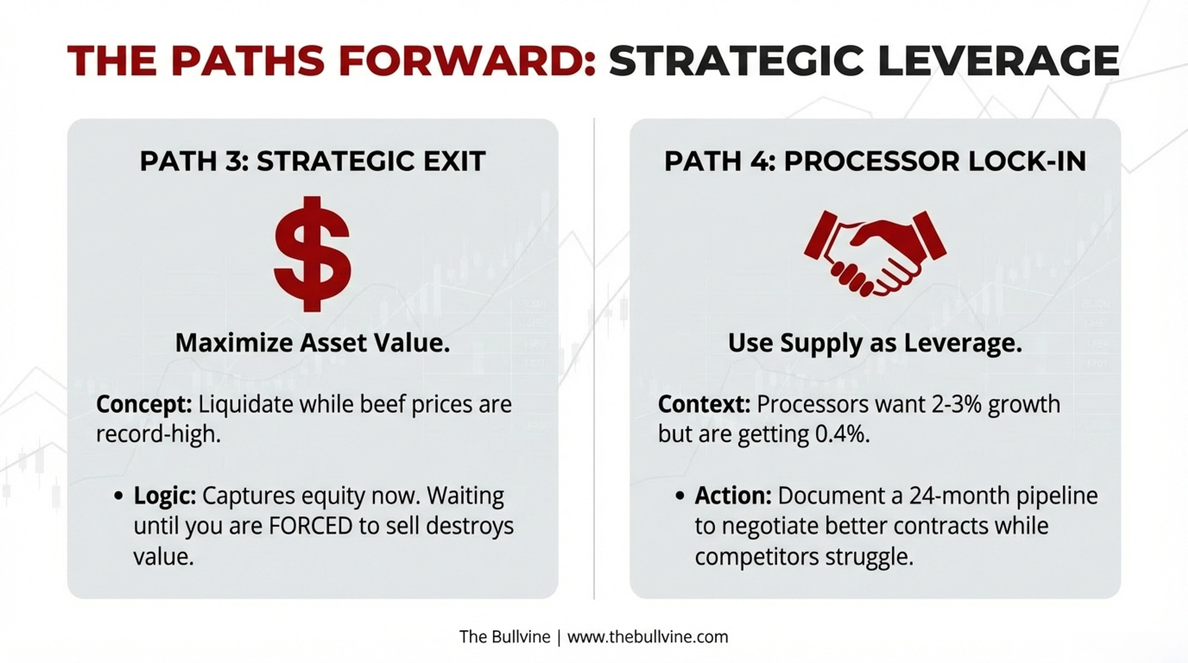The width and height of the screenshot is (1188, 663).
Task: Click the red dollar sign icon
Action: coord(312,254)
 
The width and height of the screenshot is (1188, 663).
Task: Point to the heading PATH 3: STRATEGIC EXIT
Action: coord(312,162)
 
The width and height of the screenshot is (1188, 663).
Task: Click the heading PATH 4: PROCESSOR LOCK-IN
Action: coord(875,162)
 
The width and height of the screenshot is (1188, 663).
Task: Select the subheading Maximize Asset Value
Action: coord(312,343)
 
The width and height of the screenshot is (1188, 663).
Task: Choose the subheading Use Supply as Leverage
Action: coord(875,344)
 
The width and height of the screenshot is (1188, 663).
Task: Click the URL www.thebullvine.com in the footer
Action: coord(647,637)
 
